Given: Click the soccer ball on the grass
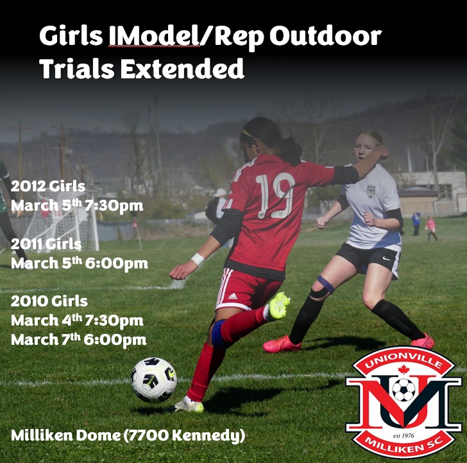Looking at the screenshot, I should [x=154, y=380].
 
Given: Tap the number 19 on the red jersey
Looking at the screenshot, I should [x=275, y=195].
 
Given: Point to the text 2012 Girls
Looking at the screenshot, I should [x=48, y=187].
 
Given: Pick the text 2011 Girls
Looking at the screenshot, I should [x=46, y=244].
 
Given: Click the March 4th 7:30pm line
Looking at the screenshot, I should [x=77, y=320].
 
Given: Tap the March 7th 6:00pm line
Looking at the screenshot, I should [x=78, y=339].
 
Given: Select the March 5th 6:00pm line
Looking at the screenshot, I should [x=79, y=263].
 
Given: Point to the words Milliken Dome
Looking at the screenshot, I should [x=64, y=436].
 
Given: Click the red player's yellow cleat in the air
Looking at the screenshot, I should [x=279, y=306].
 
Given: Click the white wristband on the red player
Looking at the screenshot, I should [x=198, y=259].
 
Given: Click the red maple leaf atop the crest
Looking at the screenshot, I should [x=403, y=369].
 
